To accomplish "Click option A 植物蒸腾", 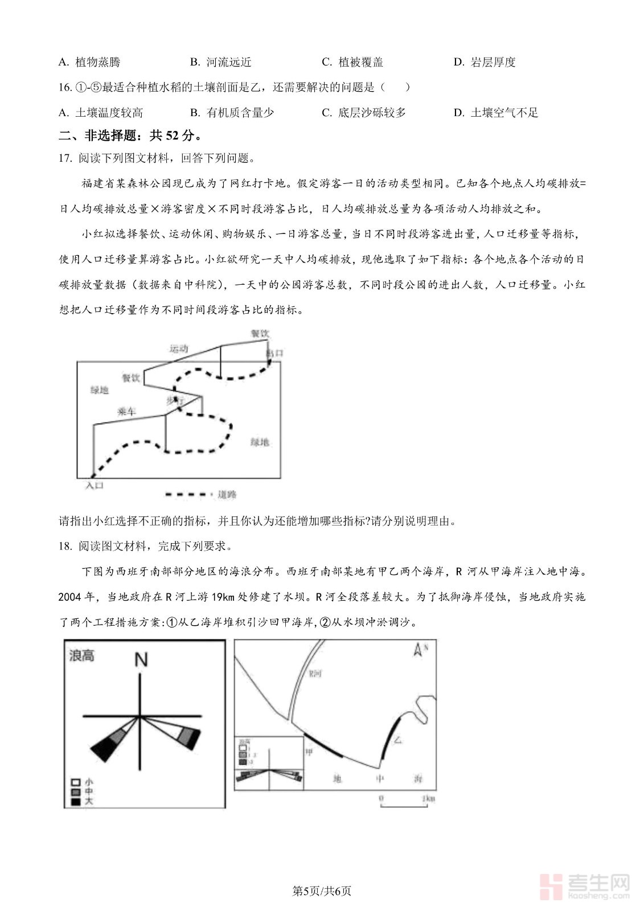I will click(x=89, y=62).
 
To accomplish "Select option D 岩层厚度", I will click(x=485, y=62).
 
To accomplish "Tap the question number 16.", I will click(x=65, y=87).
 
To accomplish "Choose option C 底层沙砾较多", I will click(x=364, y=113).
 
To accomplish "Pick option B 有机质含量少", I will click(x=232, y=113).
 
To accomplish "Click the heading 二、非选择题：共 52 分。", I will click(x=130, y=136).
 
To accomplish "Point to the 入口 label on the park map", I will click(x=95, y=486).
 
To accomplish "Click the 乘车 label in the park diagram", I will click(x=126, y=411).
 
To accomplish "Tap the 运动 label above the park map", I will click(x=179, y=348).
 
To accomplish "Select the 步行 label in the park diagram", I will click(x=175, y=401).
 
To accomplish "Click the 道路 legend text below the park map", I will click(x=227, y=494).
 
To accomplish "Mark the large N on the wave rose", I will click(x=141, y=659).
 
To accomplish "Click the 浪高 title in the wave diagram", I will click(x=81, y=655).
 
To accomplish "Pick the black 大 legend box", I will click(x=75, y=802).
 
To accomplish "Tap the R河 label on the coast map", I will click(x=315, y=674).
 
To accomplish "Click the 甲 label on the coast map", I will click(x=309, y=752).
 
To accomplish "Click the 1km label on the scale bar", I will click(x=428, y=798).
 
